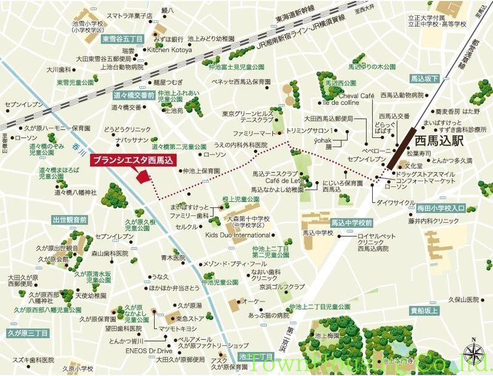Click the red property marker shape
[143, 176]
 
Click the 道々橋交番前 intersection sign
[133, 95]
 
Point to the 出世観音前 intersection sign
[70, 219]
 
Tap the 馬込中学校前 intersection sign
[351, 222]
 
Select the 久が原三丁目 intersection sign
[28, 333]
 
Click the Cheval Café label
[357, 95]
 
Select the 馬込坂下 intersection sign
[425, 79]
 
